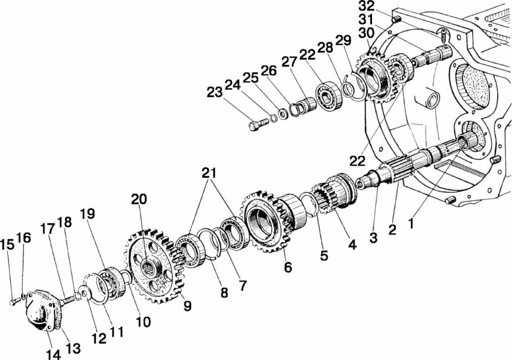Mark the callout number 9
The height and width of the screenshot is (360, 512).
point(187,305)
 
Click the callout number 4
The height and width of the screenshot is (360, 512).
point(352,246)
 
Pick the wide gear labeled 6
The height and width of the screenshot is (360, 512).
point(267,222)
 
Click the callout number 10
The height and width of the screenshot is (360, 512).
point(143,322)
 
